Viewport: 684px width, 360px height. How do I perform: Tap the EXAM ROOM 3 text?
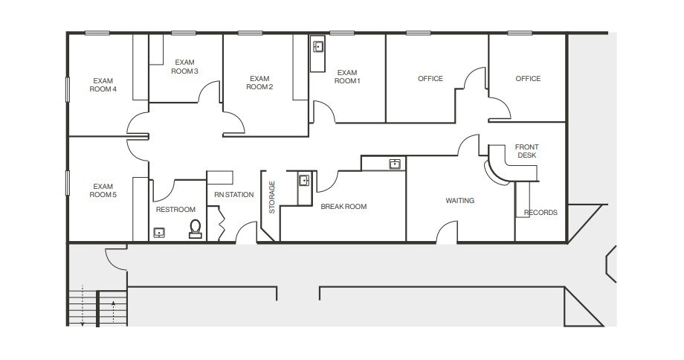click(x=184, y=66)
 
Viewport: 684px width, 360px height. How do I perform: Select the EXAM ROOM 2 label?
click(x=259, y=83)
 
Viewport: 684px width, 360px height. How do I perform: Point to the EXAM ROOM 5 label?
click(x=102, y=190)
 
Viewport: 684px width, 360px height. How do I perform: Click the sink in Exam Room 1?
click(x=318, y=47)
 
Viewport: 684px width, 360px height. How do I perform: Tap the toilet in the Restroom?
click(x=196, y=228)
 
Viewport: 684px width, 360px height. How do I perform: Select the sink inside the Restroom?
click(x=159, y=233)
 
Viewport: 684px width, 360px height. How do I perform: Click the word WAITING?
click(x=459, y=201)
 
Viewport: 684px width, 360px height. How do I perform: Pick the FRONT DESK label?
click(x=526, y=151)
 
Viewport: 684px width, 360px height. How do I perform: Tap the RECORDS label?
click(x=541, y=213)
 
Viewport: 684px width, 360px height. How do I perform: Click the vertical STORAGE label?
click(x=272, y=197)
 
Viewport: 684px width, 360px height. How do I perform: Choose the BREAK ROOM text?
click(x=343, y=207)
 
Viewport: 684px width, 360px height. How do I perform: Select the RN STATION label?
click(x=234, y=195)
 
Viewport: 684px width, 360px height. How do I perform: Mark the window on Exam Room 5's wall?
click(x=68, y=184)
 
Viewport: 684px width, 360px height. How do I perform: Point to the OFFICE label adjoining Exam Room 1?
click(x=430, y=79)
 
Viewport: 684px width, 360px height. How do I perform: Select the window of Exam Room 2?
click(x=250, y=33)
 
